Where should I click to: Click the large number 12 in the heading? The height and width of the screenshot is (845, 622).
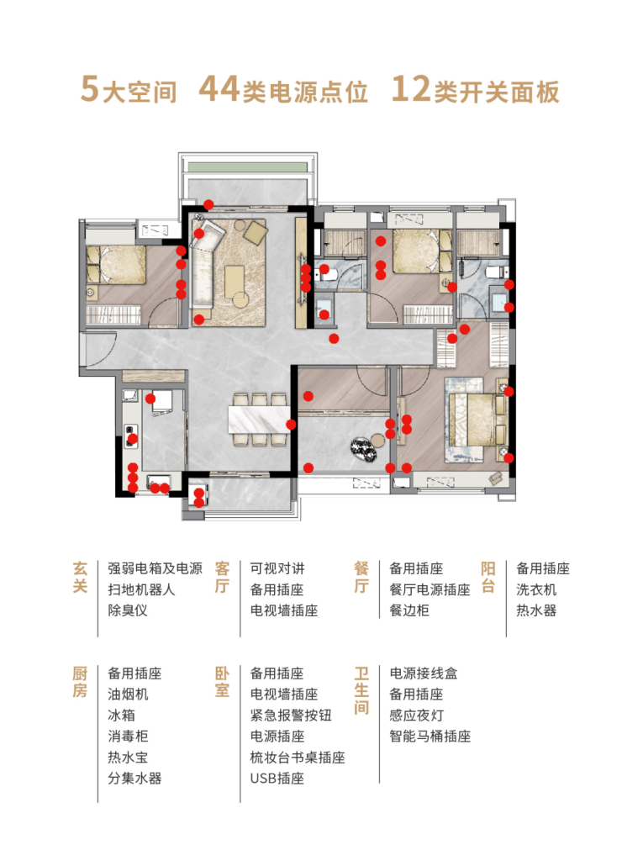(x=410, y=89)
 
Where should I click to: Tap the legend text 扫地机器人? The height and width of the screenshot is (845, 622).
(x=142, y=589)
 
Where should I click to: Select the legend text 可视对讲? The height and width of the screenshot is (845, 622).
(x=277, y=568)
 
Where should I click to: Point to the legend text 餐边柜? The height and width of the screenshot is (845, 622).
(x=409, y=610)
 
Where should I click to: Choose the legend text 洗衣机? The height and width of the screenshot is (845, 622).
(x=536, y=589)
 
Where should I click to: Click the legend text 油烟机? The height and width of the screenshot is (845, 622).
(x=128, y=694)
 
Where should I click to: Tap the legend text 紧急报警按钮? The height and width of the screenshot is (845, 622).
(x=291, y=716)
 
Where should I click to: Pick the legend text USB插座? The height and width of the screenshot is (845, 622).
(x=277, y=779)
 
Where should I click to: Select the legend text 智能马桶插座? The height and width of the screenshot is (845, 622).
(x=430, y=737)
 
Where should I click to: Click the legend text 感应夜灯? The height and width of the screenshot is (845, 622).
(x=416, y=716)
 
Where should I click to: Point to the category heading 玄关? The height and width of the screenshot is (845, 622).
(x=80, y=577)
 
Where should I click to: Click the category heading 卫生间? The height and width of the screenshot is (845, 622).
(x=361, y=690)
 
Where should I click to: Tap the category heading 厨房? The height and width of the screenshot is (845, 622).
(x=80, y=682)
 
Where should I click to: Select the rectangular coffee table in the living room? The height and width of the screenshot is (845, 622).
(x=235, y=280)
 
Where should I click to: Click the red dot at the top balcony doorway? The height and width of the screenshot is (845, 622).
(x=208, y=205)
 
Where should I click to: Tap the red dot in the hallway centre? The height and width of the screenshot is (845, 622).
(x=334, y=339)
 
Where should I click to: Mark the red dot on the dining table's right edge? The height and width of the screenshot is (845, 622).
(x=292, y=425)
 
